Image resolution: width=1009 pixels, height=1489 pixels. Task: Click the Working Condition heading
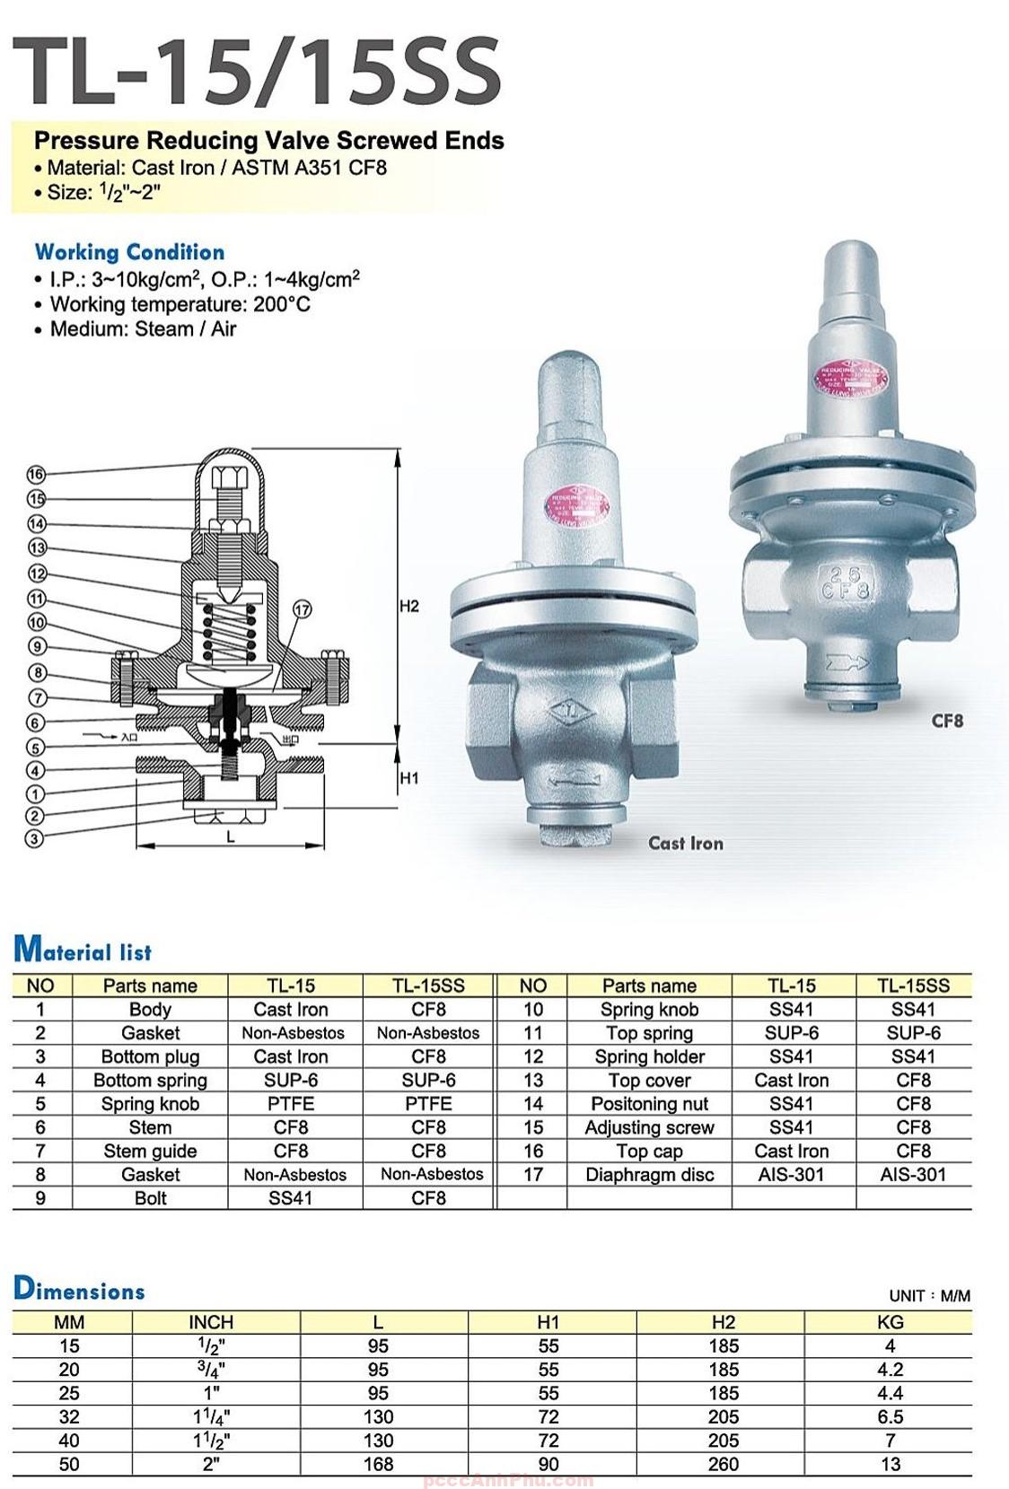[129, 252]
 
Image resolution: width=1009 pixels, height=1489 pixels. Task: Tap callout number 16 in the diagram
[36, 474]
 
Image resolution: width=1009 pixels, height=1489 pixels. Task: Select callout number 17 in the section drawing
[303, 609]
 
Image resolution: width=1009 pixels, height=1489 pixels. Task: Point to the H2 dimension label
[409, 607]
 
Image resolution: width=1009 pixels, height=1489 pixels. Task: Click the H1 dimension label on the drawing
[409, 778]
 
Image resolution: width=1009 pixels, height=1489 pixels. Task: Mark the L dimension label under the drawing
[231, 837]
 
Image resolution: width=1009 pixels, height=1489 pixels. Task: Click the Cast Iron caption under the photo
[685, 843]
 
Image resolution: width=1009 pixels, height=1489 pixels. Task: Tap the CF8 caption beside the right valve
[947, 720]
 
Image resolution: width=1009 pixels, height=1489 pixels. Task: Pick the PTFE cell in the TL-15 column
[291, 1104]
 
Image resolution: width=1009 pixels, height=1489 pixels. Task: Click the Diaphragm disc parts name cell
[649, 1175]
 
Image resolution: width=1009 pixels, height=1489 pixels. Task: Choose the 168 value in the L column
[378, 1464]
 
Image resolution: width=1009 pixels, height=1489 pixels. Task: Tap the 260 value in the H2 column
[723, 1464]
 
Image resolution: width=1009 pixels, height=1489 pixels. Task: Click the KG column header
[890, 1322]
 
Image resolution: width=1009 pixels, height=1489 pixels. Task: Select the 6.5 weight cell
[890, 1416]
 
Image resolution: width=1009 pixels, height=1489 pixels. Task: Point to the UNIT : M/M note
[929, 1296]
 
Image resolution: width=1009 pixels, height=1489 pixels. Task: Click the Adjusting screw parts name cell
[649, 1128]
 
